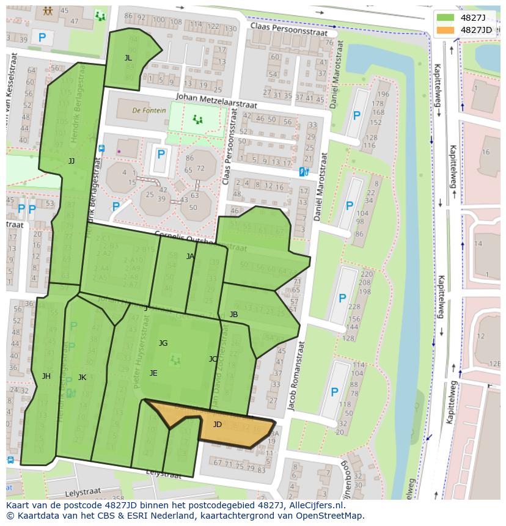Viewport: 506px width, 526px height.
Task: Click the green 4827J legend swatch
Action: [446, 18]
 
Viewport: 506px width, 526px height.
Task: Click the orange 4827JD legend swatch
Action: [446, 30]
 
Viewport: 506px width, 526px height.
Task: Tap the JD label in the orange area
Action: [218, 424]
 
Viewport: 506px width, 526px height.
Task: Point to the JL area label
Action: [128, 58]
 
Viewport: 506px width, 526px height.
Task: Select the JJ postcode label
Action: [71, 161]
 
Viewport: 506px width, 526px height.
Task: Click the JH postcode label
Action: [46, 376]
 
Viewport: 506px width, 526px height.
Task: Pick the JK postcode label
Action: [82, 377]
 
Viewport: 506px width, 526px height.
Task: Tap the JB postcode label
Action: [233, 315]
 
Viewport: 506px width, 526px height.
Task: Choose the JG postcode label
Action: [163, 343]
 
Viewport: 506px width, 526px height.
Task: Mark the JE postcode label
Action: [153, 373]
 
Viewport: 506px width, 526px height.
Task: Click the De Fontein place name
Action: [145, 111]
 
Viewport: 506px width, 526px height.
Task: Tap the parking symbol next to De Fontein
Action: [161, 155]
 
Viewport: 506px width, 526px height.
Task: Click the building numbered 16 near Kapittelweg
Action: [486, 152]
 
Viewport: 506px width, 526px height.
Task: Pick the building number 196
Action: [383, 94]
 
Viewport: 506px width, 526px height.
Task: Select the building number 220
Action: [366, 274]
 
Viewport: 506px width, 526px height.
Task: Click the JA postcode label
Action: [190, 257]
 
